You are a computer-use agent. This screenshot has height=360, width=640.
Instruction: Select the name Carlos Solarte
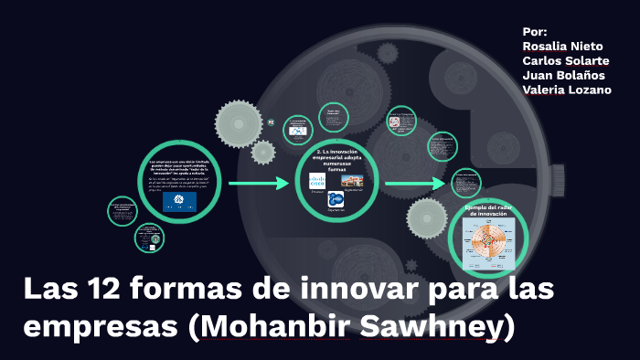(566, 60)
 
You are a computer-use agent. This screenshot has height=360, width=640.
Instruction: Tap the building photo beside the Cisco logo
(353, 181)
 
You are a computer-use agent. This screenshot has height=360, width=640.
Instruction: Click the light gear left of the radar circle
(427, 217)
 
